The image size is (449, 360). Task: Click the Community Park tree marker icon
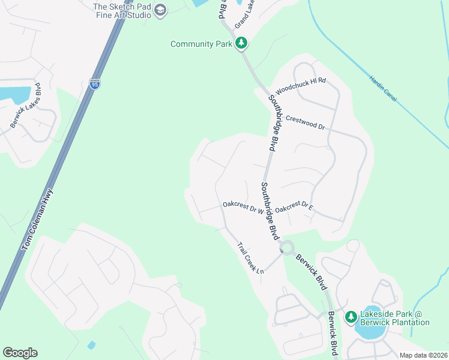tap(241, 43)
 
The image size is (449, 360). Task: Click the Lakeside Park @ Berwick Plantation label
tap(394, 319)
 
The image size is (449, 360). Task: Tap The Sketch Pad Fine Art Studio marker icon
tap(160, 10)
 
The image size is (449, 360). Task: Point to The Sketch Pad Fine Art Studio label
tap(122, 11)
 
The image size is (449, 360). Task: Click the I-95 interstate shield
tap(95, 84)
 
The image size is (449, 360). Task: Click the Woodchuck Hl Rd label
tap(300, 88)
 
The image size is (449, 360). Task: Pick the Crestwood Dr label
tap(305, 123)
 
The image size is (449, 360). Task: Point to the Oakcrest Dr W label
tap(243, 207)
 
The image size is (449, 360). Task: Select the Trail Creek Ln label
tap(250, 258)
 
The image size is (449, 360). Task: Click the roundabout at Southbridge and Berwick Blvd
tap(288, 247)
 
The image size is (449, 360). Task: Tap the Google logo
tap(20, 353)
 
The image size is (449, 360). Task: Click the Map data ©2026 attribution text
tap(423, 355)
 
